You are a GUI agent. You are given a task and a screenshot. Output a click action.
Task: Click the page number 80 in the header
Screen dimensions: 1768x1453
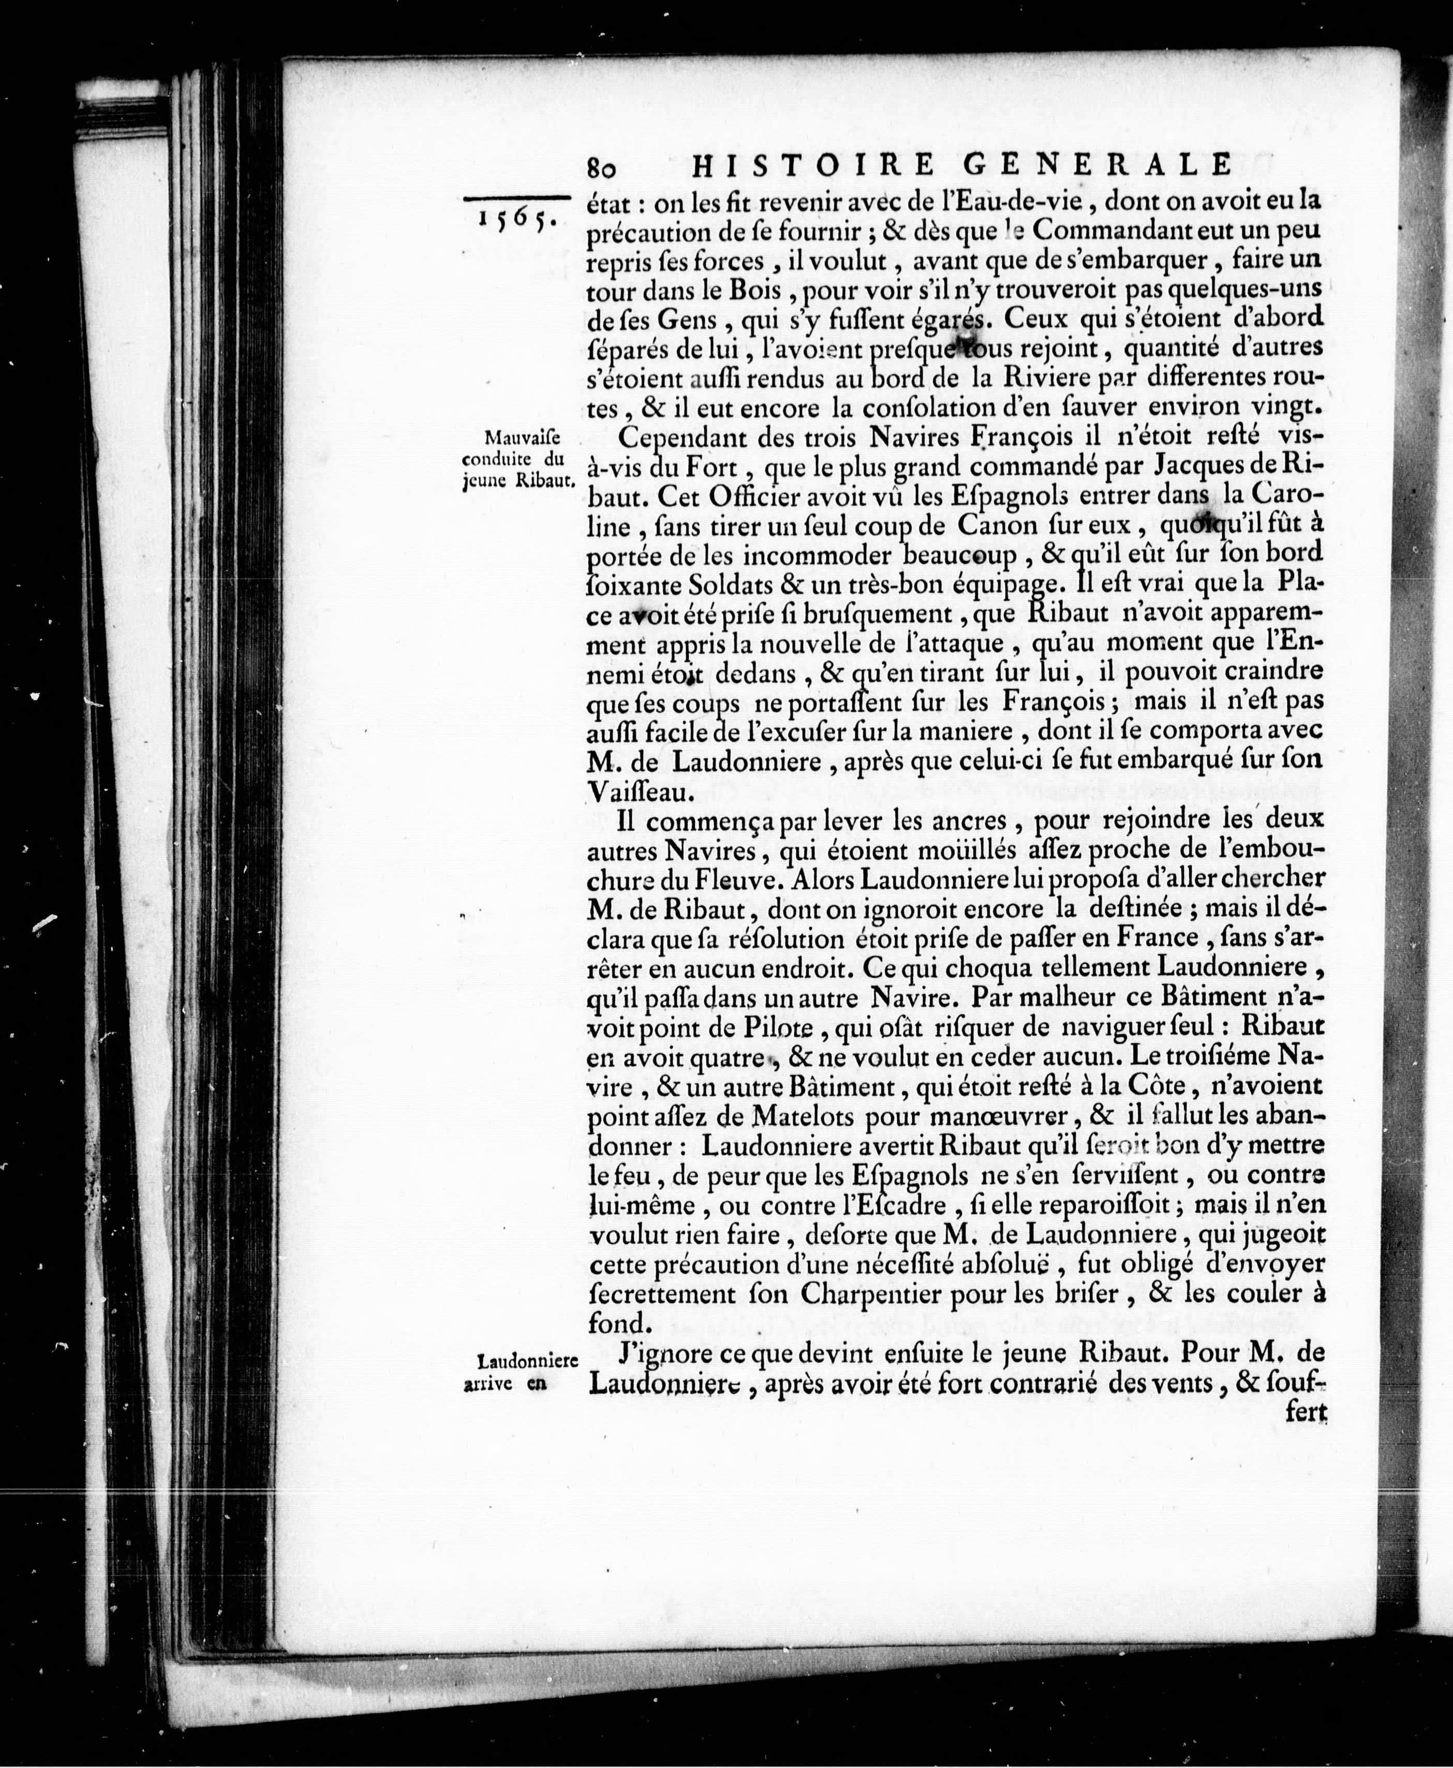tap(602, 167)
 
